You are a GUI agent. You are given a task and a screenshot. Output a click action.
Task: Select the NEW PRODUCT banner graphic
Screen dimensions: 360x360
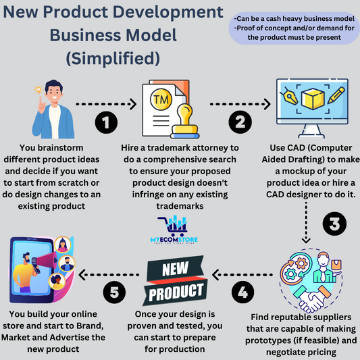176,280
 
